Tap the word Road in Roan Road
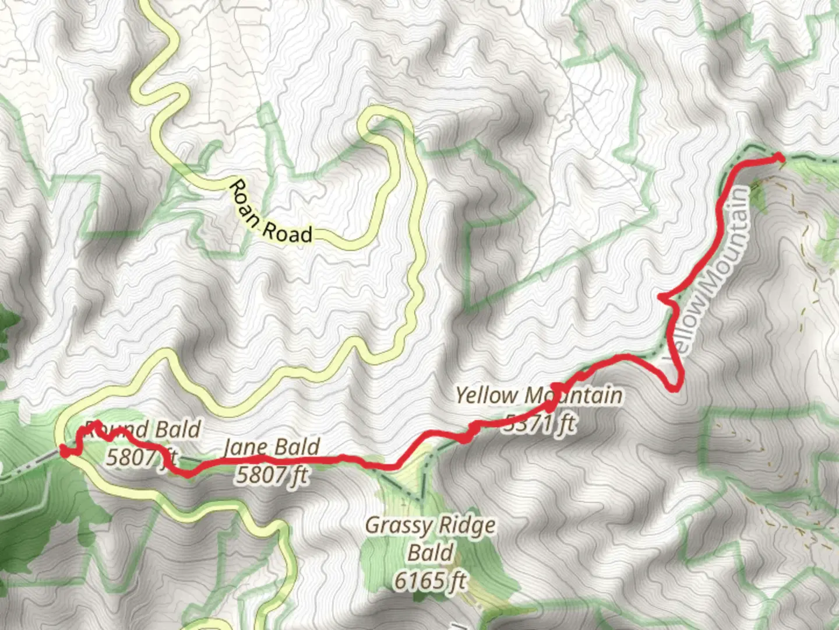(x=287, y=233)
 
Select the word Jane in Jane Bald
(x=245, y=448)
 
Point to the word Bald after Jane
(x=297, y=448)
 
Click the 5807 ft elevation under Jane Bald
(x=272, y=475)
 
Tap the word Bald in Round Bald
(x=178, y=430)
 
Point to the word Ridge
(x=467, y=526)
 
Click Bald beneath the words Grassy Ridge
(x=431, y=552)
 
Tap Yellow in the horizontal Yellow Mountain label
(x=487, y=395)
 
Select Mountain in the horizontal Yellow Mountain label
(x=574, y=395)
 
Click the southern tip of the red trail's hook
(x=675, y=388)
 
